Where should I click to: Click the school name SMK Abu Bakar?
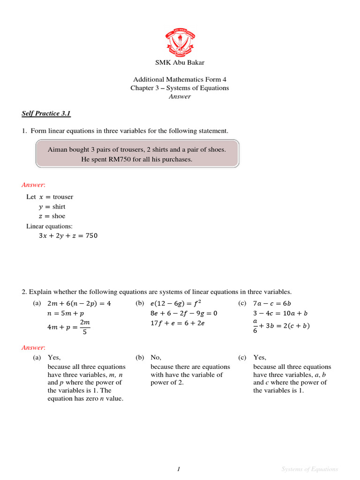click(180, 62)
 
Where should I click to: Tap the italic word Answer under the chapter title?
click(180, 97)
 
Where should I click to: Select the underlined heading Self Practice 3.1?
click(46, 113)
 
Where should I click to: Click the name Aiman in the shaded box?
click(57, 150)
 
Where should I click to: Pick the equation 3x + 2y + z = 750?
click(68, 236)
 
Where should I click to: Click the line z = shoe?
click(52, 216)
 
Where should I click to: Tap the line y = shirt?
click(52, 207)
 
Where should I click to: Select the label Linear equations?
click(49, 226)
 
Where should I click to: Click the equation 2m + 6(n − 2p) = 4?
click(79, 303)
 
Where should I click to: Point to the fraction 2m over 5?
click(85, 327)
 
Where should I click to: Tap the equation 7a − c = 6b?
click(271, 303)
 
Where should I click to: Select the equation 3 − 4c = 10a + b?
click(280, 313)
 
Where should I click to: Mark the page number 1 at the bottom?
click(179, 469)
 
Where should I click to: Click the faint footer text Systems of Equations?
click(309, 469)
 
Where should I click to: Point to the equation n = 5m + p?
click(66, 313)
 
